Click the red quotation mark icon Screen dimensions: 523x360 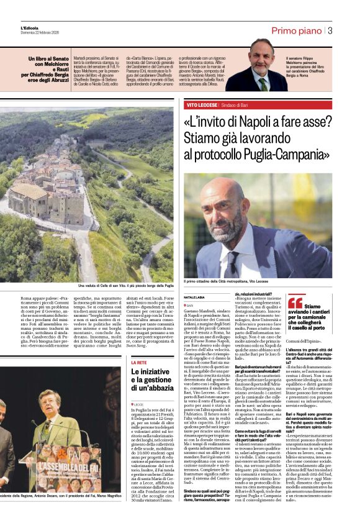point(294,303)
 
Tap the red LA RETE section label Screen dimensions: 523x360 point(139,362)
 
